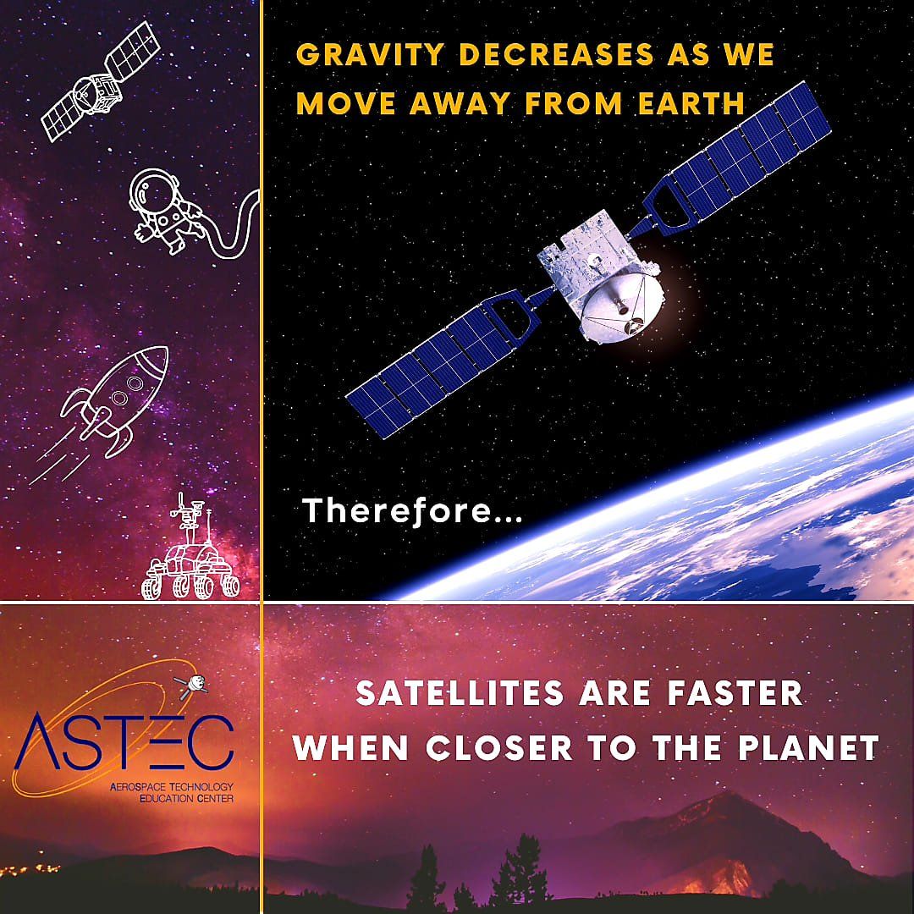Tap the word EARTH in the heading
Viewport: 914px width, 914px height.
point(691,104)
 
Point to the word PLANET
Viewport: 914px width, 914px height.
point(808,748)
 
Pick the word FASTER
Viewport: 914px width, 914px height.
point(735,694)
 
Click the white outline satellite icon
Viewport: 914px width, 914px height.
point(100,81)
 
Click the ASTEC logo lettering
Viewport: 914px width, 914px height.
point(124,741)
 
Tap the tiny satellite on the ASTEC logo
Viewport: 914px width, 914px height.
point(192,685)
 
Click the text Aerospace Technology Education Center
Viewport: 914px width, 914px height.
point(172,793)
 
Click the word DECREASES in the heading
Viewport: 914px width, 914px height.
point(556,55)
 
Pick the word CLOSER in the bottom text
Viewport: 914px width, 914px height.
point(499,748)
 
